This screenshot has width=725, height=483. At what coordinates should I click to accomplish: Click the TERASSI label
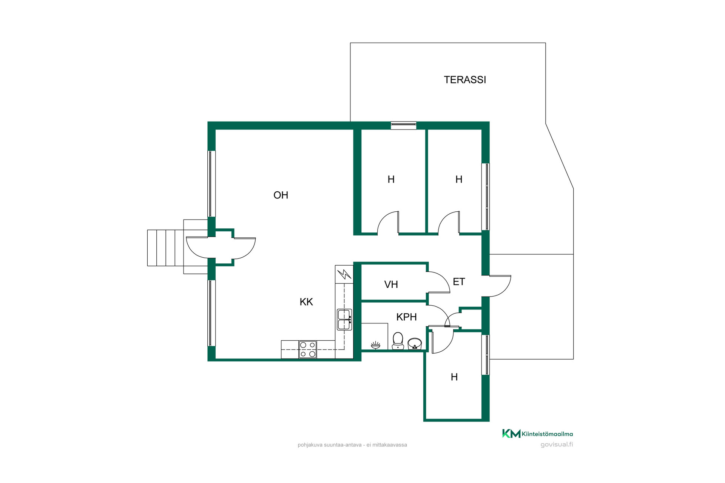tap(465, 80)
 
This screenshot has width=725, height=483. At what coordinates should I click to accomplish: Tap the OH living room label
tap(281, 195)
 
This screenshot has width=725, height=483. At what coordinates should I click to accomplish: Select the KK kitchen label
tap(306, 302)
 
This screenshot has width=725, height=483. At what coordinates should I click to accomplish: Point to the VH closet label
tap(391, 285)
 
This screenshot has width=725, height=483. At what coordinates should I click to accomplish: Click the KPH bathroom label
tap(406, 317)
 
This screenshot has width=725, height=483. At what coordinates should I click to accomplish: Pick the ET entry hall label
tap(459, 282)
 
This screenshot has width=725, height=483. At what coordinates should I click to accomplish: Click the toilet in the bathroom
tap(398, 341)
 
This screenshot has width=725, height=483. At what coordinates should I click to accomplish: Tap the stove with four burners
tap(307, 349)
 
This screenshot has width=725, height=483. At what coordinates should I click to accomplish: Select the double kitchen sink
tap(344, 320)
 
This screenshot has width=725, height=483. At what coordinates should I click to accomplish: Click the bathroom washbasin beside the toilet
tap(415, 344)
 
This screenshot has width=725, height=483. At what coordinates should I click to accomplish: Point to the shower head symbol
tap(375, 345)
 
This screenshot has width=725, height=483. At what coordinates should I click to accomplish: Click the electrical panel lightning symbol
tap(344, 274)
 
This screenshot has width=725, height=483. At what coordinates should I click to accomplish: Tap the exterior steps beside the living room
tap(166, 248)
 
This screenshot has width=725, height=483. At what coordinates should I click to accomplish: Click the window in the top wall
tap(403, 126)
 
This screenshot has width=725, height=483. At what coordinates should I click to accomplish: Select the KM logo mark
tap(511, 434)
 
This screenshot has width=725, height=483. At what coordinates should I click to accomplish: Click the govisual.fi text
tap(557, 445)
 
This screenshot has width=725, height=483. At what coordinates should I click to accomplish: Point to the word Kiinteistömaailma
tap(547, 434)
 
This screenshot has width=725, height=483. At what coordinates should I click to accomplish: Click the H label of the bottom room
tap(454, 377)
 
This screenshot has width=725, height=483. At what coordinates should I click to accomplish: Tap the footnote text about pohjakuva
tap(352, 445)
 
